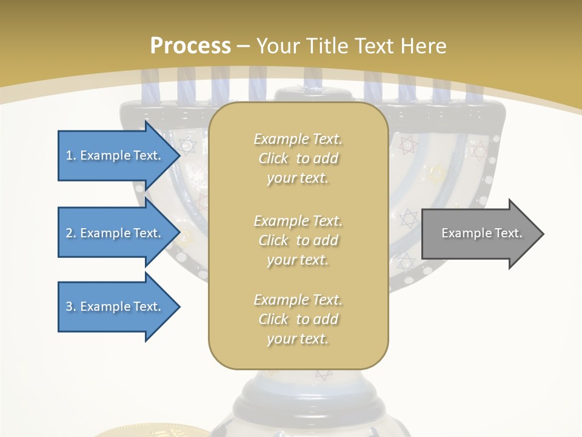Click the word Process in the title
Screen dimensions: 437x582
point(190,46)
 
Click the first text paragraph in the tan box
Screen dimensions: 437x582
point(298,158)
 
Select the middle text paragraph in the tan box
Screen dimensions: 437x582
point(298,240)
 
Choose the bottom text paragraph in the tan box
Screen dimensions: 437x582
point(298,319)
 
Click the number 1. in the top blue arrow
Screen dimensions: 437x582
point(71,155)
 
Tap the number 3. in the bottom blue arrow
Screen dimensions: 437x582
point(71,307)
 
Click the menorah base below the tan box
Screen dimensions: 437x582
point(298,401)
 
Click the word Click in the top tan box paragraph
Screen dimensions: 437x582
point(273,158)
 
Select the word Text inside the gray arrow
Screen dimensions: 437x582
point(509,233)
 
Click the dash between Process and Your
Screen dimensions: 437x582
point(244,46)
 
